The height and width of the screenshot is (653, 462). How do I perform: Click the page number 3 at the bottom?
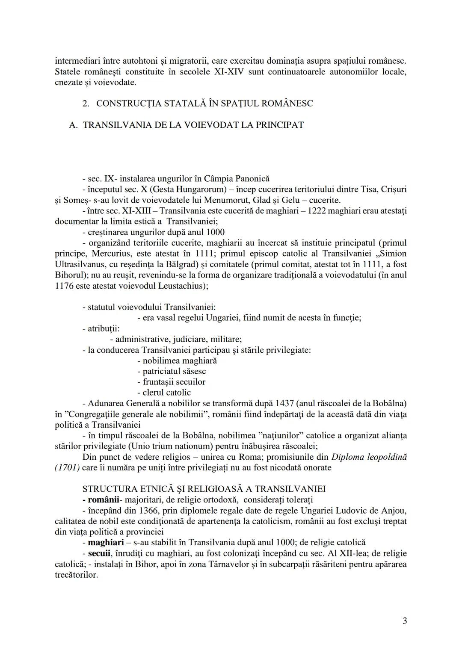click(404, 620)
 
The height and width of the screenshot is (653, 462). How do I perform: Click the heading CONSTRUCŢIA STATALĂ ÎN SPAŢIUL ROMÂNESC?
click(204, 103)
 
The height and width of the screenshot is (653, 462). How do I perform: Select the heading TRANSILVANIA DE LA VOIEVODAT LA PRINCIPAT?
click(193, 125)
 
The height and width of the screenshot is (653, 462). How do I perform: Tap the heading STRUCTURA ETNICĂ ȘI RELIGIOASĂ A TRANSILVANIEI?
click(204, 489)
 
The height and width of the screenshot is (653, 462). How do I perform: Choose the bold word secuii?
click(99, 553)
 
